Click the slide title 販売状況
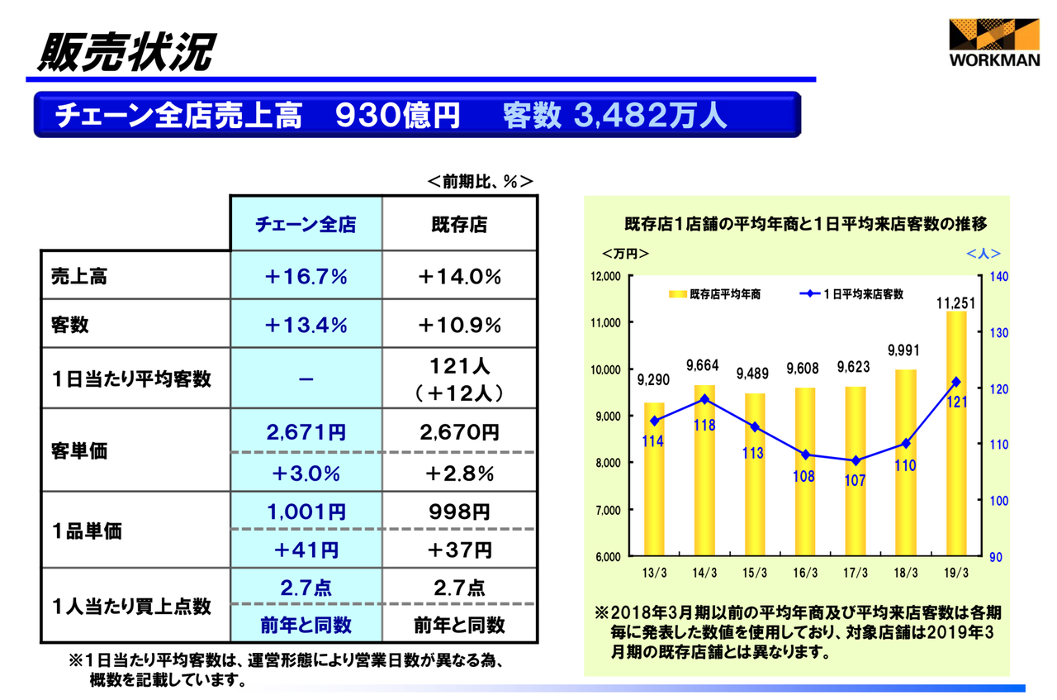(x=124, y=51)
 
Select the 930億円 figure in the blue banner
(x=397, y=115)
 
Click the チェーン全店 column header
(x=306, y=224)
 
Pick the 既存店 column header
(x=459, y=224)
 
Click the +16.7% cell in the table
(x=306, y=277)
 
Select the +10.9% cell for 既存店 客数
(x=459, y=325)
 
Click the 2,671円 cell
(x=306, y=432)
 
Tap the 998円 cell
(x=459, y=512)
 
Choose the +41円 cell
(x=306, y=550)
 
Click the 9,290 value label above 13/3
(x=654, y=380)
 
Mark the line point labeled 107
(x=856, y=460)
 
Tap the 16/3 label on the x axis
(x=804, y=574)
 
